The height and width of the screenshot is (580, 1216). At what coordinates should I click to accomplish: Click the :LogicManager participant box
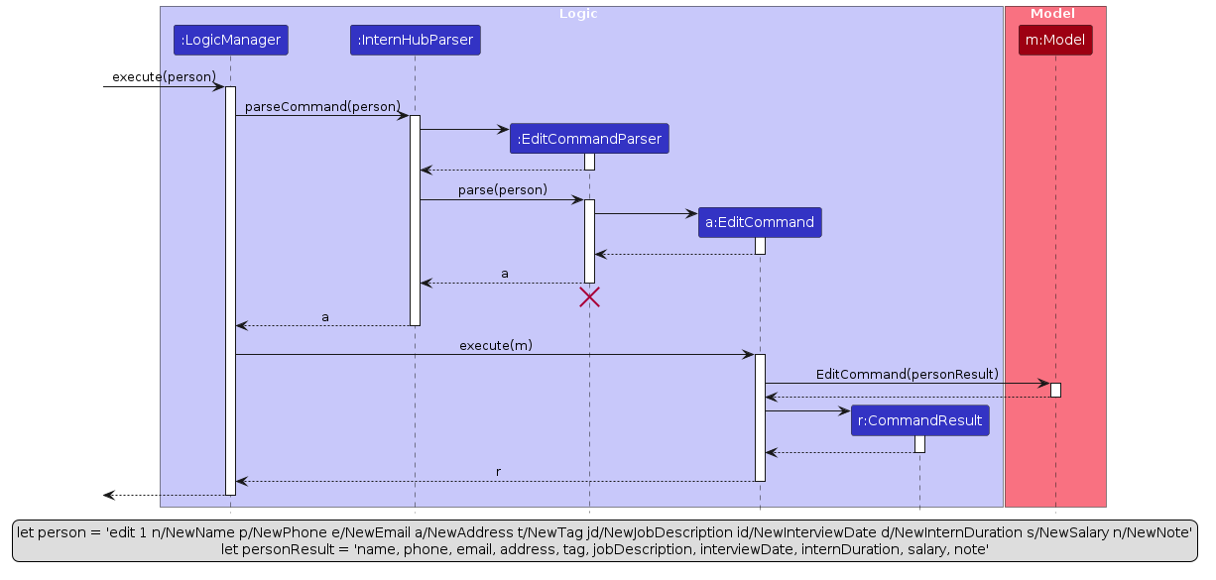230,41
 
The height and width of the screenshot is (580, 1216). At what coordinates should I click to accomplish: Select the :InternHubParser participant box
416,41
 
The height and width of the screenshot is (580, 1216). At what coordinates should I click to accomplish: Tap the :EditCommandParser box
589,139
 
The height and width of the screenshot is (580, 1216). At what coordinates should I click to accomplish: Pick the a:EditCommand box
760,223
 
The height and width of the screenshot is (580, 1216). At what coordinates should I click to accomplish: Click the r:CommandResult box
919,420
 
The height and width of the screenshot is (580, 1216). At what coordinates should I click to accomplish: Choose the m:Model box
1055,41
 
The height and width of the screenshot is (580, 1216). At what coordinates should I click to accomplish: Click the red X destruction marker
589,296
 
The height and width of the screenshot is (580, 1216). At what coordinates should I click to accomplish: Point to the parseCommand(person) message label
322,107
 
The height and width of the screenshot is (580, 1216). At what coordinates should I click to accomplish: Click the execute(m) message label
495,345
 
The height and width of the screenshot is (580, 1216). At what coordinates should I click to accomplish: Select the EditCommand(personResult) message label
907,374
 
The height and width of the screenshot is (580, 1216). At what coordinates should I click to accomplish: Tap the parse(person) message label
502,190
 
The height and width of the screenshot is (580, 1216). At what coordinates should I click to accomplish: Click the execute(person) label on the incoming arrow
164,77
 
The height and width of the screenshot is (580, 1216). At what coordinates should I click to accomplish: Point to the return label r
498,472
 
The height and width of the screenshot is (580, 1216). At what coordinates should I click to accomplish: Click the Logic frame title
578,14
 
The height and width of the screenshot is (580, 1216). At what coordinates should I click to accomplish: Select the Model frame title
1053,14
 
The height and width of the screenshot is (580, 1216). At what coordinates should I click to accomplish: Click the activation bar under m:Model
1055,390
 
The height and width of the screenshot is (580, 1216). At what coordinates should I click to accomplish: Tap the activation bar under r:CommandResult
919,444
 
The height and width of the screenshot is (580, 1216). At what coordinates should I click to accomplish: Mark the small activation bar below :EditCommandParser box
589,162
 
